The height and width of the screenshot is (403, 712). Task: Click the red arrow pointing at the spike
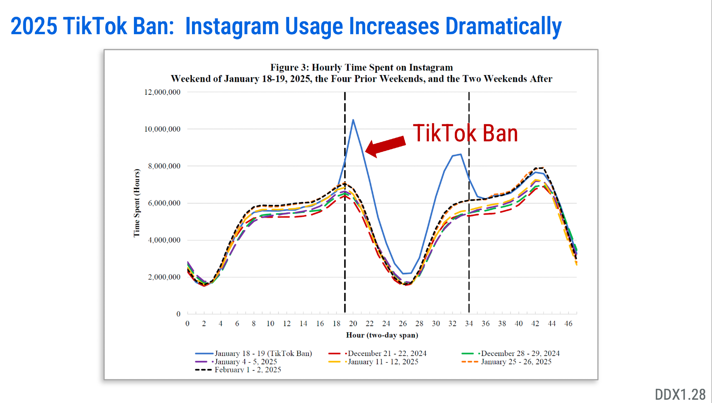(x=386, y=146)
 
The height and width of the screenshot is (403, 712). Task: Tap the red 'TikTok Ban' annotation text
(x=465, y=134)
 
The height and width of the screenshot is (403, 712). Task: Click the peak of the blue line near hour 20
(x=353, y=120)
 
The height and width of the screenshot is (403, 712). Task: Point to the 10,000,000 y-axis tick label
(x=162, y=129)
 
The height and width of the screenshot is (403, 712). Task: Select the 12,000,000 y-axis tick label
(x=162, y=92)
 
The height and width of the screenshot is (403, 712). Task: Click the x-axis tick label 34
(x=469, y=324)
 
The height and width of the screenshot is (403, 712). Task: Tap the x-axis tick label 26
(x=402, y=324)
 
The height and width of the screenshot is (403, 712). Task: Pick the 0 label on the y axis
(x=178, y=314)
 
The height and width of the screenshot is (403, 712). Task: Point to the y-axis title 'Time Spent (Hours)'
(x=137, y=203)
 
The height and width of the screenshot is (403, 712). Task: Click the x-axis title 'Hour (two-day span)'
(x=382, y=335)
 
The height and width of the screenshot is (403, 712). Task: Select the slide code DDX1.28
(x=680, y=394)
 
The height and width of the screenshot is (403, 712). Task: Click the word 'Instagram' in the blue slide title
(x=232, y=26)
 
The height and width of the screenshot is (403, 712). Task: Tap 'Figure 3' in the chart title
(x=289, y=68)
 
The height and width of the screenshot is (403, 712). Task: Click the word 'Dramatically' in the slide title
(x=503, y=26)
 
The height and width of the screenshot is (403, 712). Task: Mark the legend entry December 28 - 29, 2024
(x=520, y=354)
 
